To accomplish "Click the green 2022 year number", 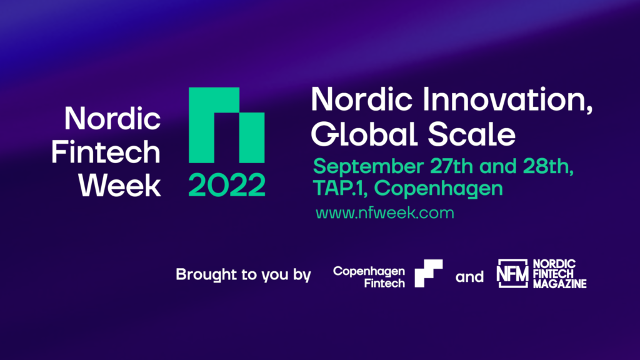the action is tap(226, 185).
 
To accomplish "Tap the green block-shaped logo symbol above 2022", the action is tap(226, 125).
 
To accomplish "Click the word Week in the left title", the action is tap(119, 186).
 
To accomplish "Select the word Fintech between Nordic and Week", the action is tap(106, 152).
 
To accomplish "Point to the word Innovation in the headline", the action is tap(507, 99).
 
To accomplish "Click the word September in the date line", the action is tap(369, 167).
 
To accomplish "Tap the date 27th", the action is tap(451, 166).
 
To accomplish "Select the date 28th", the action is tap(548, 166).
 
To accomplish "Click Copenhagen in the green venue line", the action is tap(438, 189).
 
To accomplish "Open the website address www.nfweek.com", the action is tap(385, 213).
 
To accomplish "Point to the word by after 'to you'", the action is tap(302, 275).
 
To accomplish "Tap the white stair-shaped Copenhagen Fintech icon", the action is tap(429, 274).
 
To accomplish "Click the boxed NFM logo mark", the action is tap(512, 274).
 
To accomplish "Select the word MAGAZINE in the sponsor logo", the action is tap(559, 284).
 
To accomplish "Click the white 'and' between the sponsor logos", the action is tap(469, 277).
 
